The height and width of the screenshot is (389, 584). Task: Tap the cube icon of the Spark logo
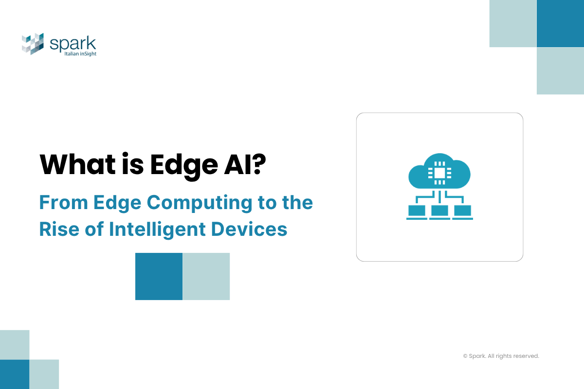point(33,44)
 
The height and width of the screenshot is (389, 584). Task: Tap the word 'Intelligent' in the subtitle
point(166,229)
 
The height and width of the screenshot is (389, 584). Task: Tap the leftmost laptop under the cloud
point(417,212)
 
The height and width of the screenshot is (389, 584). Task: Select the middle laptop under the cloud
point(439,212)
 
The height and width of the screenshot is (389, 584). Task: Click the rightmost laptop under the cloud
point(462,212)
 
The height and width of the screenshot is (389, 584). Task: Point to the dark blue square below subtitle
point(159,276)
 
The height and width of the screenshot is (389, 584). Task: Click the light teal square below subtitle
point(206,276)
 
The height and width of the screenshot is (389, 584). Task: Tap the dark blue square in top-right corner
point(560,23)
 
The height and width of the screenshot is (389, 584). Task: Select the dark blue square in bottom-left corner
point(15,374)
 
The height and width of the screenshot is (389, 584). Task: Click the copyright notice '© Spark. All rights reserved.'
point(501,356)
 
